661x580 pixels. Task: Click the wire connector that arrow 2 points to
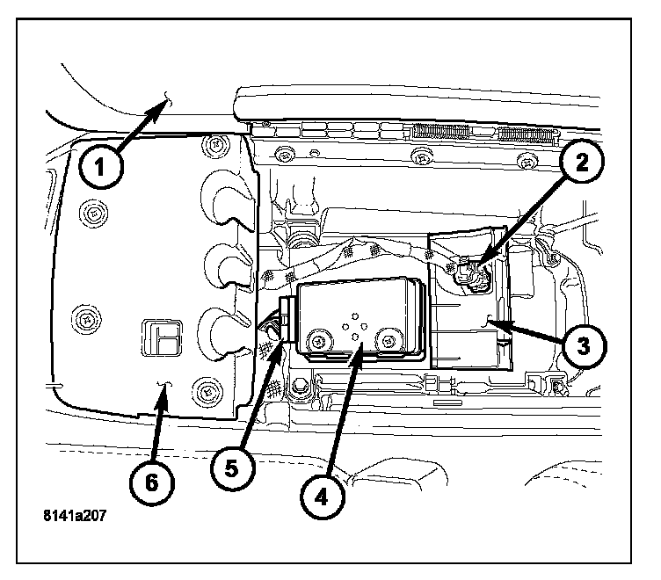point(475,275)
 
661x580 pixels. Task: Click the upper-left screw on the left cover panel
point(91,212)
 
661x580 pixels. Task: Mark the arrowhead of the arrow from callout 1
point(163,103)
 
